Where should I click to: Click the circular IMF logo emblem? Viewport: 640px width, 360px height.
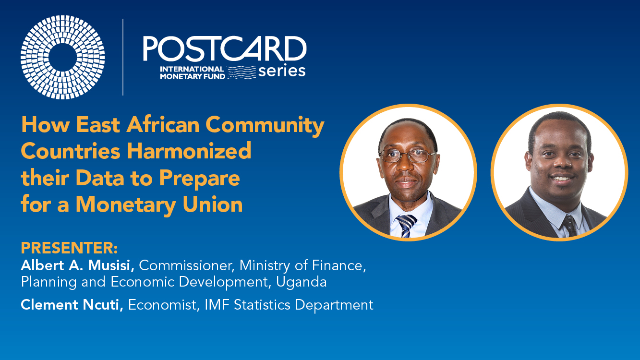click(x=62, y=57)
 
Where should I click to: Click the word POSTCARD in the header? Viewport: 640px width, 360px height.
click(x=225, y=48)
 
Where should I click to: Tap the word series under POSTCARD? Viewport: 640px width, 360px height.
click(x=282, y=71)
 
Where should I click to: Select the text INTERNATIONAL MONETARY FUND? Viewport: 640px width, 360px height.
click(x=192, y=72)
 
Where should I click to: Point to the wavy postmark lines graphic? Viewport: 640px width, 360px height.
click(x=242, y=72)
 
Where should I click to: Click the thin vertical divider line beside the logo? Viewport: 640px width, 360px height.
click(x=123, y=57)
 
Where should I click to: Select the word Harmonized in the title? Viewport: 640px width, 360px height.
click(x=189, y=151)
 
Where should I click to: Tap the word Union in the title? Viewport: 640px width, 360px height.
click(x=213, y=204)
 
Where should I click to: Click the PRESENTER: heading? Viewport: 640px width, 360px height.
click(x=70, y=248)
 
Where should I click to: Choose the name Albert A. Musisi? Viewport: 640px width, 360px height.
click(x=77, y=265)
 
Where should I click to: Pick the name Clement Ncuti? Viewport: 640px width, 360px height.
click(x=72, y=305)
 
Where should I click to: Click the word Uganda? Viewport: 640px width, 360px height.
click(x=301, y=282)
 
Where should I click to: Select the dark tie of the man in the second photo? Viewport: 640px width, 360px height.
click(x=569, y=226)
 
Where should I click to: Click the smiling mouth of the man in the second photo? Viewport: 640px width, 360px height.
click(x=561, y=179)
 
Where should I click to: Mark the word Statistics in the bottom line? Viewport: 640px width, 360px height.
click(x=262, y=305)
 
